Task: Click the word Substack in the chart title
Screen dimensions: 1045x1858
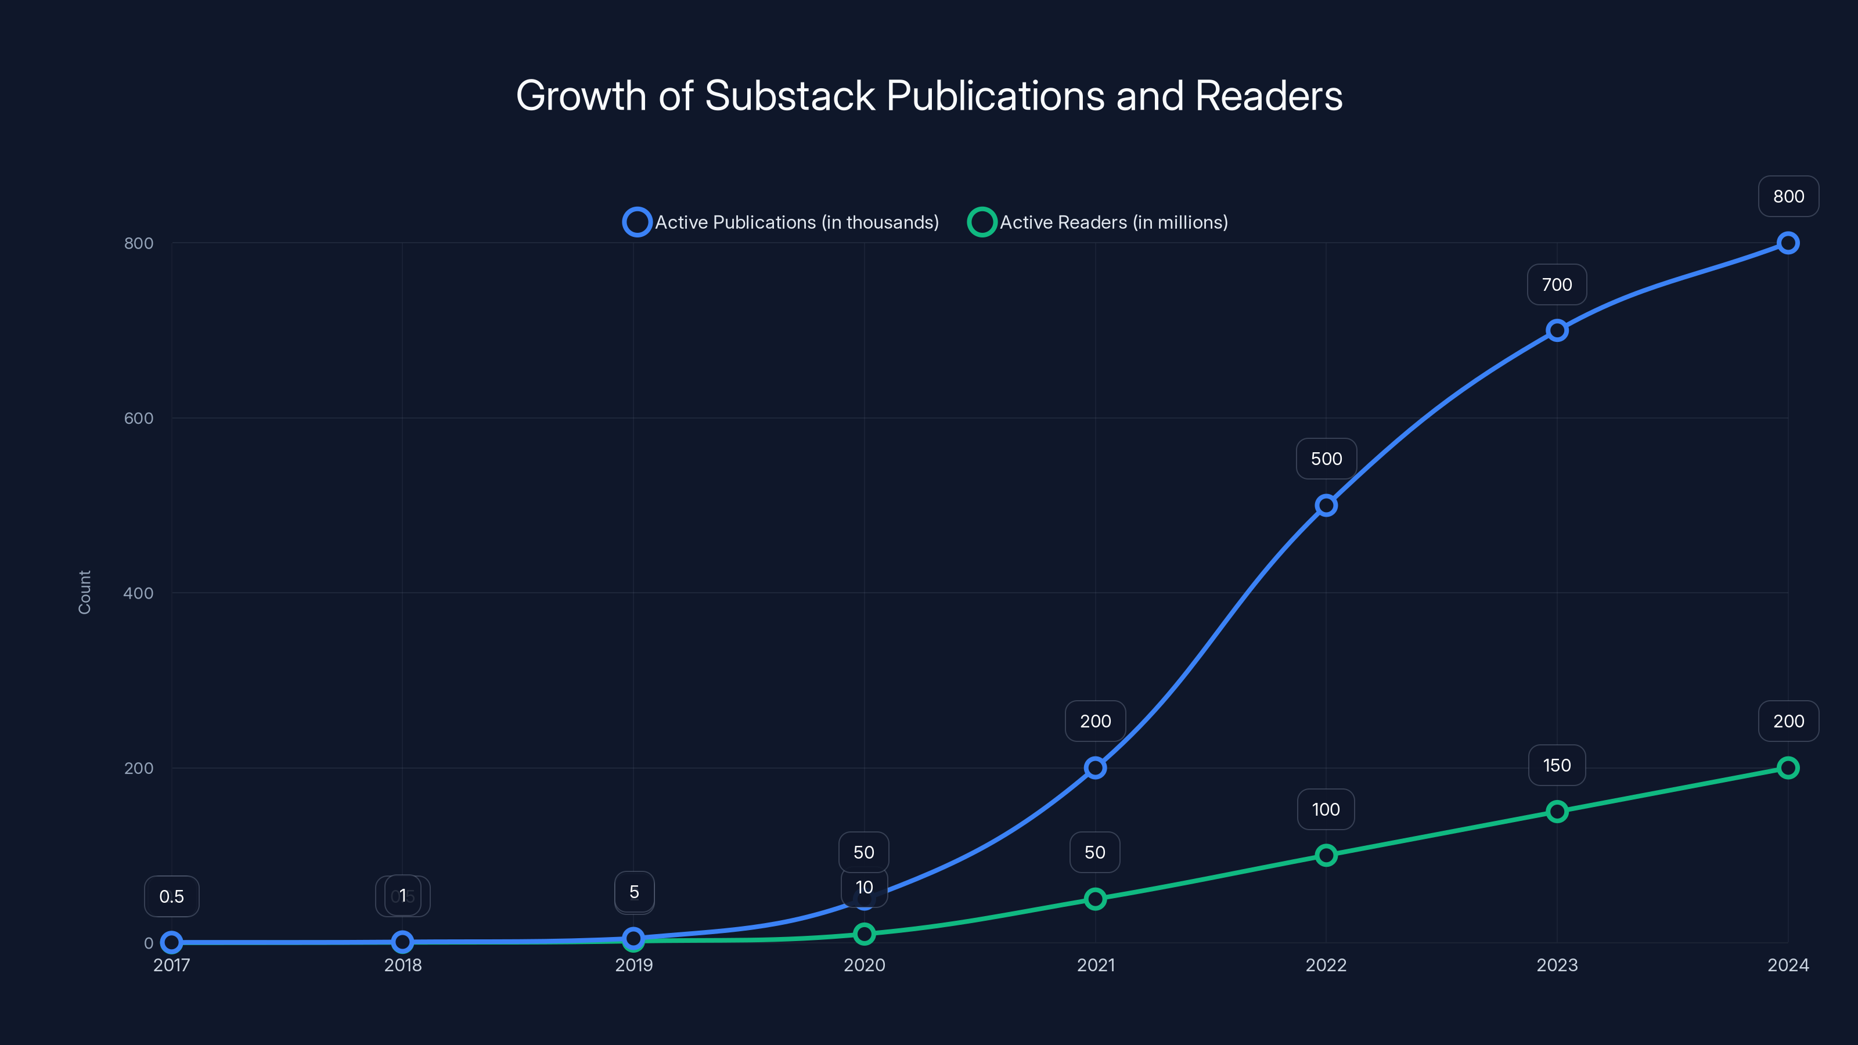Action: click(789, 96)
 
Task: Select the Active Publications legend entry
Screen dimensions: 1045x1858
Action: click(781, 222)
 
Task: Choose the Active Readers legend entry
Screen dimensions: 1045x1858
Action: click(1098, 222)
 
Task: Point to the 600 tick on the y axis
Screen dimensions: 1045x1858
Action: click(139, 418)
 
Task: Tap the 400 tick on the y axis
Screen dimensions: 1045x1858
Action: click(139, 593)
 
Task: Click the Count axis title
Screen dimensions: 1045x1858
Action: click(84, 592)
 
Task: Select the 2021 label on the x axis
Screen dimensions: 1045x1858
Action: click(1095, 965)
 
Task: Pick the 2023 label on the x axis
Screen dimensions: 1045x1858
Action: click(1557, 965)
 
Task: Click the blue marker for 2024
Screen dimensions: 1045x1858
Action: click(1787, 243)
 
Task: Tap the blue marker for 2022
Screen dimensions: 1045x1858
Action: click(1326, 506)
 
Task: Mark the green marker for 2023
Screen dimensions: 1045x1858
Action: click(1557, 812)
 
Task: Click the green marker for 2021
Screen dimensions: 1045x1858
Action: click(1095, 899)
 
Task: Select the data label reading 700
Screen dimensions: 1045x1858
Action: click(1557, 285)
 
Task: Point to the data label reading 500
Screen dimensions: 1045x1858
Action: click(1326, 459)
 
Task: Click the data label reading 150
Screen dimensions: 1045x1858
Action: click(1557, 765)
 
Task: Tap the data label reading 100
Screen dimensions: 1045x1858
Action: click(1326, 809)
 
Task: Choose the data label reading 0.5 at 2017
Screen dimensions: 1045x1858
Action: click(172, 896)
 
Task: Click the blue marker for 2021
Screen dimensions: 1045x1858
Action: click(1095, 767)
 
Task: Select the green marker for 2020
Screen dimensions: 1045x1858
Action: click(864, 934)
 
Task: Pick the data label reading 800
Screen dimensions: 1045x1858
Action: click(1788, 196)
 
